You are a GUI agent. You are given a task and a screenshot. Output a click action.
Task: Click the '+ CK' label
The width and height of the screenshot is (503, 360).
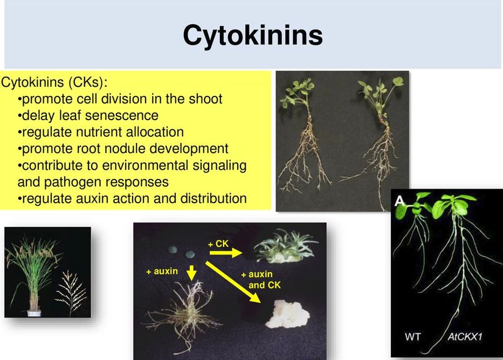point(218,244)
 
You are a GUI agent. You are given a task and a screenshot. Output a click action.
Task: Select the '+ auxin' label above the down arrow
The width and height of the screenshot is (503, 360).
point(162,272)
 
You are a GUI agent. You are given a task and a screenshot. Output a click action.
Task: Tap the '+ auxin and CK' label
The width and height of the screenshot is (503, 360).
point(261,280)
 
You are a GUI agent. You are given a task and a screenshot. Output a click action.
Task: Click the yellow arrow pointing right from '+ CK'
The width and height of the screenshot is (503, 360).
point(225,253)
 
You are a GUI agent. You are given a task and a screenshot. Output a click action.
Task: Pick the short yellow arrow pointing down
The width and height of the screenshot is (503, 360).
point(191,273)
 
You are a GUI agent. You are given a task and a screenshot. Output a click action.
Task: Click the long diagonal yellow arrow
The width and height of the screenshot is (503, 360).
point(233,282)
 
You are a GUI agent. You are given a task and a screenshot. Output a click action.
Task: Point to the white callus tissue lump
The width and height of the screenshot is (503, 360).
point(287,315)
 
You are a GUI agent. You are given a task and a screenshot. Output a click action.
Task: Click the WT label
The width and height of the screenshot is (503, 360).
point(412,337)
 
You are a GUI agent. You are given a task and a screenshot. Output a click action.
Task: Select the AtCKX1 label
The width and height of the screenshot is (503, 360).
point(465,337)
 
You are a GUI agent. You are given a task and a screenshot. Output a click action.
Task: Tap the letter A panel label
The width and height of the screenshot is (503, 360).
point(399,201)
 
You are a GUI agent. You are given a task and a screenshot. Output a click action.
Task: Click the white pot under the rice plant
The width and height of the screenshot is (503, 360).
point(34,313)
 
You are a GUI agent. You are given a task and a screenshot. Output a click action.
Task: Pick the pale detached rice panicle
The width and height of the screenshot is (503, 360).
point(71,292)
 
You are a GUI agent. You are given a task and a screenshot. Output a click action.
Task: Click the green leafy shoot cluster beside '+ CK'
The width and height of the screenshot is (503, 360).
point(285,246)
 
